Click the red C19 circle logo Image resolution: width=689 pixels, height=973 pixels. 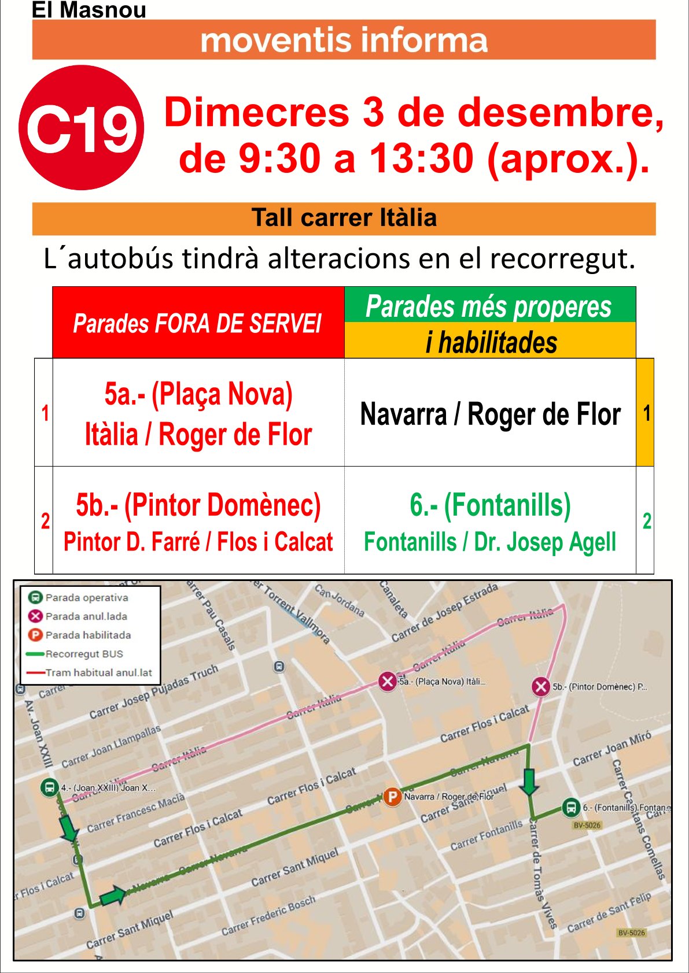[81, 128]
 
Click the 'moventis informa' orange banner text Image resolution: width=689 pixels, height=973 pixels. [344, 40]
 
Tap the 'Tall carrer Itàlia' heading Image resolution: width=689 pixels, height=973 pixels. [344, 218]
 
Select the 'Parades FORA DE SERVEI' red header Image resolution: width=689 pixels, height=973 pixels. [198, 323]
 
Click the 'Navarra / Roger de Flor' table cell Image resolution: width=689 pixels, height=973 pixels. [490, 414]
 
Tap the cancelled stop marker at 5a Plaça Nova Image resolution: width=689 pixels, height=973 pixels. [387, 681]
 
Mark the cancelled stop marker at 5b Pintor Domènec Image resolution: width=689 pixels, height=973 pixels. [541, 687]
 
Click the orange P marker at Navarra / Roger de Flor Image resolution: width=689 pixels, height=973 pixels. [392, 797]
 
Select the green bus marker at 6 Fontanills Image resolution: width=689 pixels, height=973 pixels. [571, 807]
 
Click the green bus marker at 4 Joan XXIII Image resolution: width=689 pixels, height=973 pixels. [50, 787]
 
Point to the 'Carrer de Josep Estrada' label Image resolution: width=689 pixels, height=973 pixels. [444, 613]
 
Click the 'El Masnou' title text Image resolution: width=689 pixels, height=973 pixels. [89, 10]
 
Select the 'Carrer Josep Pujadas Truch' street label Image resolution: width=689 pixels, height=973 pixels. [153, 691]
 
